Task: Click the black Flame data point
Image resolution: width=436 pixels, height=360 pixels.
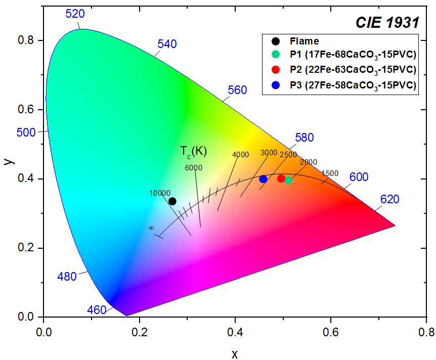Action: tap(172, 201)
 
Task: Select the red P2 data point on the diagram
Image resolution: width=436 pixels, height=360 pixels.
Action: tap(281, 178)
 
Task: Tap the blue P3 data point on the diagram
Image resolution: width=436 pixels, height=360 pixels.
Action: tap(263, 179)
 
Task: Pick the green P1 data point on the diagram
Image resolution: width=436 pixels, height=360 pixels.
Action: tap(288, 180)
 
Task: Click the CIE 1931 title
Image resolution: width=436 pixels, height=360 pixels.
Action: tap(387, 22)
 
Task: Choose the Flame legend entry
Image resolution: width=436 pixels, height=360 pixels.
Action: tap(304, 41)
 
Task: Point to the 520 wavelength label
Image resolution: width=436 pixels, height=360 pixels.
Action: tap(75, 14)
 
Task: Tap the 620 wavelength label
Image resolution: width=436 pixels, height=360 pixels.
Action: tap(389, 199)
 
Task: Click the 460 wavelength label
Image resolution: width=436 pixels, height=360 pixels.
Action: tap(97, 309)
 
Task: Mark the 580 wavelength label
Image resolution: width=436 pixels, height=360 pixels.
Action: tap(304, 138)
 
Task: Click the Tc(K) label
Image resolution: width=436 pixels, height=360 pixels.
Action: tap(193, 151)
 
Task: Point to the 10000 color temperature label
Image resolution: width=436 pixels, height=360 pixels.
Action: tap(160, 193)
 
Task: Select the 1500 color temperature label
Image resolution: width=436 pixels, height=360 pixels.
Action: tap(330, 173)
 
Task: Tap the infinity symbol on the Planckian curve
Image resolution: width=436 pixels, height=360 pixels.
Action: tap(151, 228)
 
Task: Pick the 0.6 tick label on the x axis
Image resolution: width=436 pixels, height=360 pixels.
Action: tap(331, 332)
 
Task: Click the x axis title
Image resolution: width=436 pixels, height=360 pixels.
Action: tap(235, 354)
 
